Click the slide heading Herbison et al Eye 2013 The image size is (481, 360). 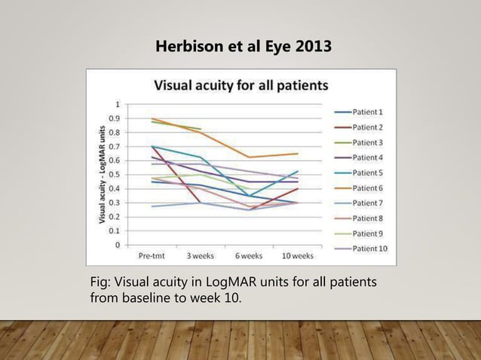click(242, 47)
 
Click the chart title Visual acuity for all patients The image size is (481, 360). click(241, 84)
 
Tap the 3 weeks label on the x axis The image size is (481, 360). click(201, 255)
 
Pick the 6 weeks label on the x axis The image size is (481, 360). click(247, 255)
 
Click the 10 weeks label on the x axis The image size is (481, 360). click(296, 255)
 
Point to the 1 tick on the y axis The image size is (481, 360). click(116, 104)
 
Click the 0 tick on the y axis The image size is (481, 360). click(116, 245)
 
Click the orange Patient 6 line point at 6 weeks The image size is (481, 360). click(248, 157)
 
